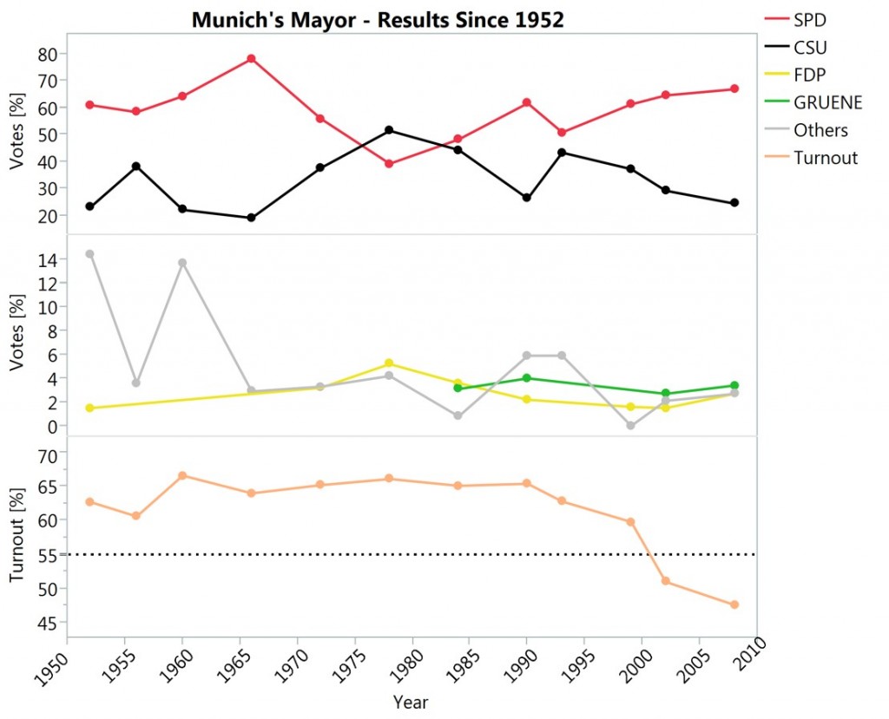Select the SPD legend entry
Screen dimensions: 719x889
click(x=809, y=19)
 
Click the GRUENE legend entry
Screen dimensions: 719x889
click(x=827, y=102)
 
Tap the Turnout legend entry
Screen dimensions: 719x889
click(x=825, y=158)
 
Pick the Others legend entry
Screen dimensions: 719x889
click(x=820, y=130)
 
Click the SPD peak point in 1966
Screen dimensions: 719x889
click(x=251, y=59)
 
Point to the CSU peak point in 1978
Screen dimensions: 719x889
click(x=389, y=130)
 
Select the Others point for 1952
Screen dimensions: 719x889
click(x=89, y=254)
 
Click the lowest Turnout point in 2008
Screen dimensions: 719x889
click(x=734, y=605)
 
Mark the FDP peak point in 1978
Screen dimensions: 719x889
click(x=389, y=363)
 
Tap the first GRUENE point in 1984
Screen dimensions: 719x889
click(x=458, y=388)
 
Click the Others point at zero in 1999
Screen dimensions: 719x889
click(x=631, y=426)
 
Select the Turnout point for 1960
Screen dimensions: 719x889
click(x=182, y=475)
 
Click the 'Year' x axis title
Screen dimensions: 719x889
click(x=410, y=702)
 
